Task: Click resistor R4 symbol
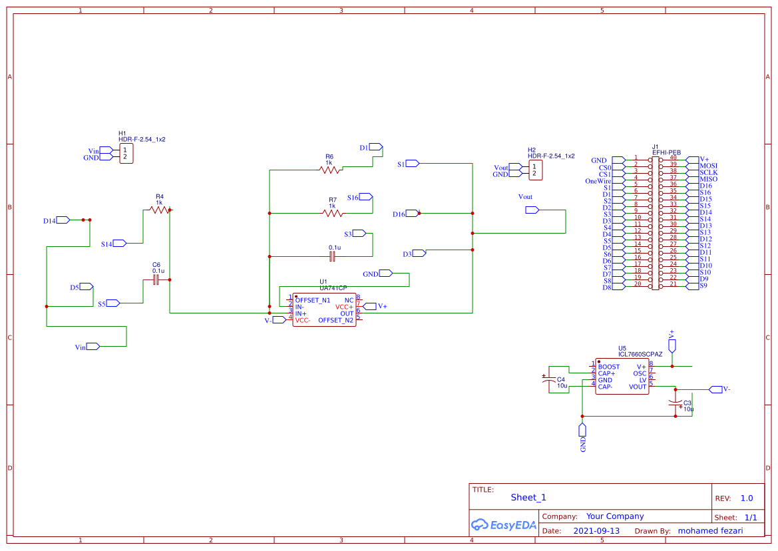point(160,210)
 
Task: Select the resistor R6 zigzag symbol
point(329,170)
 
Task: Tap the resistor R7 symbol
point(333,214)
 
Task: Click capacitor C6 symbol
point(156,280)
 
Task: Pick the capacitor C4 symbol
point(549,380)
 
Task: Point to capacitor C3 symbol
point(676,403)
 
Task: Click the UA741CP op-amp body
point(324,310)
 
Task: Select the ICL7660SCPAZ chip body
point(621,377)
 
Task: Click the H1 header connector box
point(126,154)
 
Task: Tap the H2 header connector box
point(535,170)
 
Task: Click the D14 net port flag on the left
point(63,220)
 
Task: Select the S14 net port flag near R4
point(120,244)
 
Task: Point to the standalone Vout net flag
point(532,210)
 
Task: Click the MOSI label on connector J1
point(709,166)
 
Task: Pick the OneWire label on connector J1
point(598,181)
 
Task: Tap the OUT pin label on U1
point(347,313)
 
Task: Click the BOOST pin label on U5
point(608,367)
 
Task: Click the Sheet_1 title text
point(528,497)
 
